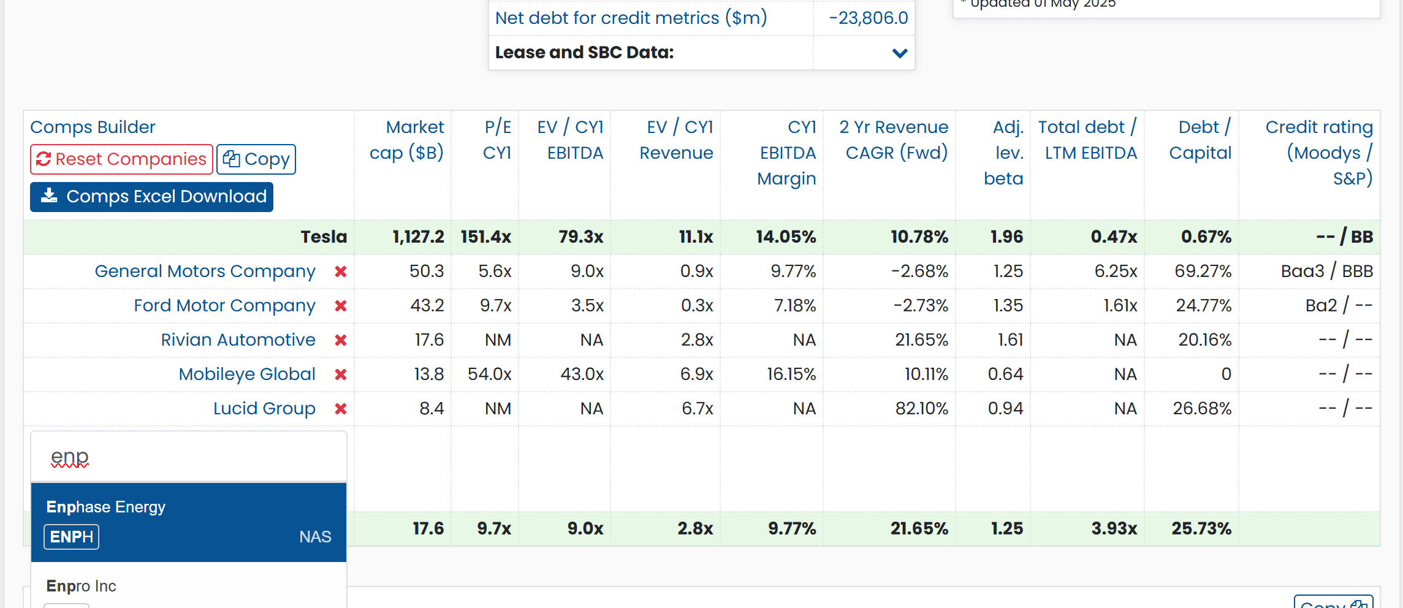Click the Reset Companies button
121,159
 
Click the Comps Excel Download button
151,197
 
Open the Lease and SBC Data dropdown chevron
900,53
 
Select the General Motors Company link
205,272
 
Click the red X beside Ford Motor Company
341,306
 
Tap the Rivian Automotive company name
238,340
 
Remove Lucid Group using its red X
341,409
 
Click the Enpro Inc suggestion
81,587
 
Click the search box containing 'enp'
188,457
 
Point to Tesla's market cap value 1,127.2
418,237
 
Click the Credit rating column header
1318,153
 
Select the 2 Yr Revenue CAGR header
894,140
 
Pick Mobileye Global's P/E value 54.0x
489,374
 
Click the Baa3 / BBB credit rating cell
1326,272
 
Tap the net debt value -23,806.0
868,18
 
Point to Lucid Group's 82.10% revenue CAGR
921,409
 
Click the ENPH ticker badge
71,537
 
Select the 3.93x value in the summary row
1114,529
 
